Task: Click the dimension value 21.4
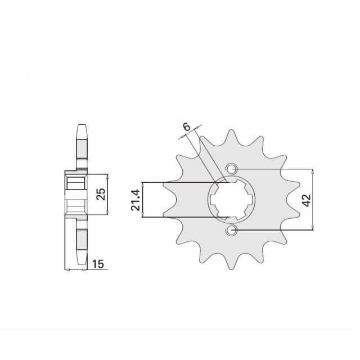pyautogui.click(x=136, y=200)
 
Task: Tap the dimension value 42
pyautogui.click(x=307, y=200)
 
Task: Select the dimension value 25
pyautogui.click(x=101, y=194)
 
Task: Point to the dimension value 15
pyautogui.click(x=98, y=264)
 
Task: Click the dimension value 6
pyautogui.click(x=187, y=127)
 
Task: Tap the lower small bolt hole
pyautogui.click(x=231, y=230)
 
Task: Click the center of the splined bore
pyautogui.click(x=231, y=200)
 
